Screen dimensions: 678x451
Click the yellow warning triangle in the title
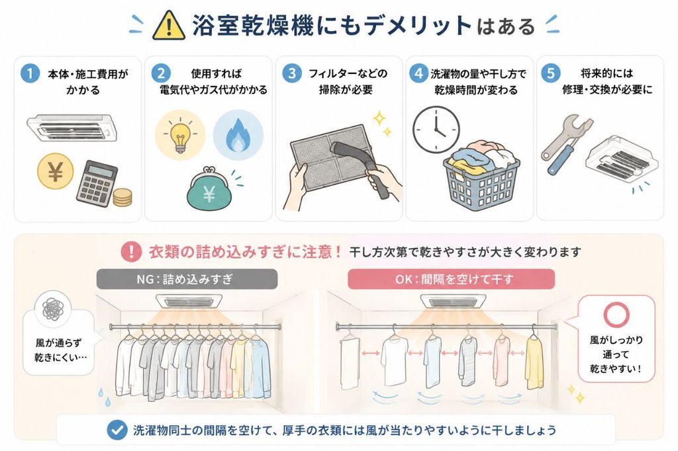click(x=169, y=26)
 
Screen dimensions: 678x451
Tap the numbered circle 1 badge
click(x=30, y=73)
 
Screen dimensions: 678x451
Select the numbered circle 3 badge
click(x=292, y=73)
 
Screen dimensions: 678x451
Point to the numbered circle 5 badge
click(x=550, y=73)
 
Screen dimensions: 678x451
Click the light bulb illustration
click(x=180, y=135)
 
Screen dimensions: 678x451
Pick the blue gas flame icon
click(x=238, y=135)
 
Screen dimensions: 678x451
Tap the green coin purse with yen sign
click(x=209, y=189)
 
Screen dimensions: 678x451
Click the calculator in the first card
click(x=97, y=183)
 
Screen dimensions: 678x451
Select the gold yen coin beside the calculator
click(x=56, y=171)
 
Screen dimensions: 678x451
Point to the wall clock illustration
click(x=436, y=130)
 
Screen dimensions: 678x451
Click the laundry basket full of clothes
click(x=482, y=175)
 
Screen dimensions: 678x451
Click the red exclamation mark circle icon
click(x=131, y=251)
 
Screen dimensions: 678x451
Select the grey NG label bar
click(x=187, y=279)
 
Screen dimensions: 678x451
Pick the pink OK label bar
click(x=452, y=279)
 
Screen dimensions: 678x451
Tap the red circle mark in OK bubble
click(x=616, y=314)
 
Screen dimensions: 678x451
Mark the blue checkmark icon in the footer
click(x=117, y=430)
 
